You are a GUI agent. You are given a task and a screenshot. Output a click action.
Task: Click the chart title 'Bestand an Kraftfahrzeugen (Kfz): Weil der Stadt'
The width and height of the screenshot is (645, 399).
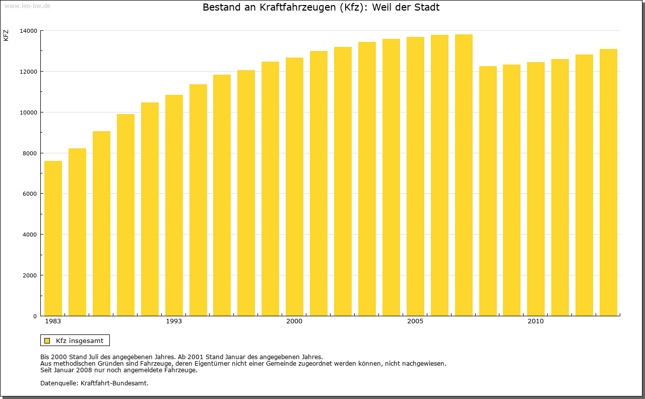tap(321, 8)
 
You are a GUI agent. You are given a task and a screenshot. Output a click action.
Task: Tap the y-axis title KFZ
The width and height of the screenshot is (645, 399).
tap(6, 36)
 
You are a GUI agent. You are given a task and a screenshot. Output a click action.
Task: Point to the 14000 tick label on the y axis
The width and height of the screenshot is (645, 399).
tap(28, 31)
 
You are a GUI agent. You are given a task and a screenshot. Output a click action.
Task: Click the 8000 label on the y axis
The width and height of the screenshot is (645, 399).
tap(30, 153)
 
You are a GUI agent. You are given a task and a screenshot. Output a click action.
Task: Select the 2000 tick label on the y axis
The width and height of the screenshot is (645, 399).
tap(30, 275)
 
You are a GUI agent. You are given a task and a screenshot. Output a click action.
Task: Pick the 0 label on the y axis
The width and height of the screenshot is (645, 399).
tap(35, 316)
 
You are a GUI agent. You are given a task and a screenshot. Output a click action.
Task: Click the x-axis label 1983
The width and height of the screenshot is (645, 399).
tap(53, 321)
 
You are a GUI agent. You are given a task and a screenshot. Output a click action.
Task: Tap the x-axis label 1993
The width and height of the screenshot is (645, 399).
tap(174, 321)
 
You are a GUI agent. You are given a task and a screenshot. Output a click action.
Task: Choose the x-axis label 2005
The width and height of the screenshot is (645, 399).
tap(415, 321)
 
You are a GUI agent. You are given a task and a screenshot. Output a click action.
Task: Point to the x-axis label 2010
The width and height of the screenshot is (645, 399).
tap(536, 321)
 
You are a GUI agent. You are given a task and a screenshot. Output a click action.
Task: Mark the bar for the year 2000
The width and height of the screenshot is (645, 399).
tap(294, 187)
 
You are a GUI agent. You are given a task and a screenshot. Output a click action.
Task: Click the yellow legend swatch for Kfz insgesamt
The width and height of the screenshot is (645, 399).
tap(47, 340)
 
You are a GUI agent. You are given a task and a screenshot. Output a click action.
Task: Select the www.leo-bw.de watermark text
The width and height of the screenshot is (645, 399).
tap(27, 6)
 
